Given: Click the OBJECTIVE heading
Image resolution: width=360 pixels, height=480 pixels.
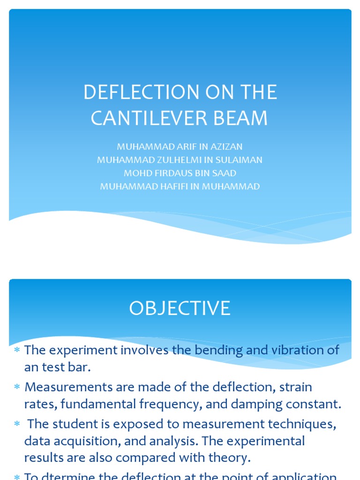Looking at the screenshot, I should [x=180, y=308].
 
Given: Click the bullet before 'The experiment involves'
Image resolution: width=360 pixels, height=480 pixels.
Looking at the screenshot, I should [x=17, y=351].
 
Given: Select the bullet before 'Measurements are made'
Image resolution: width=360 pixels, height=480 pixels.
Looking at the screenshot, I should [x=17, y=388].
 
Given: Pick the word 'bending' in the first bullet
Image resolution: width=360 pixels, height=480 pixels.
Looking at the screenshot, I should [x=220, y=350].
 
